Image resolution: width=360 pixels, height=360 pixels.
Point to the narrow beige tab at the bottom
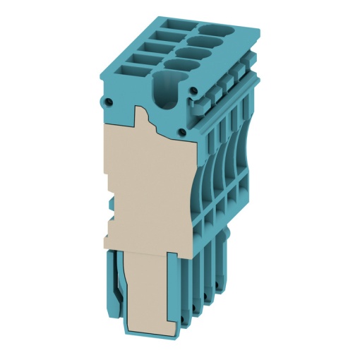pos(149,296)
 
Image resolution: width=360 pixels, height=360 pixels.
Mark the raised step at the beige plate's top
pos(141,114)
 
